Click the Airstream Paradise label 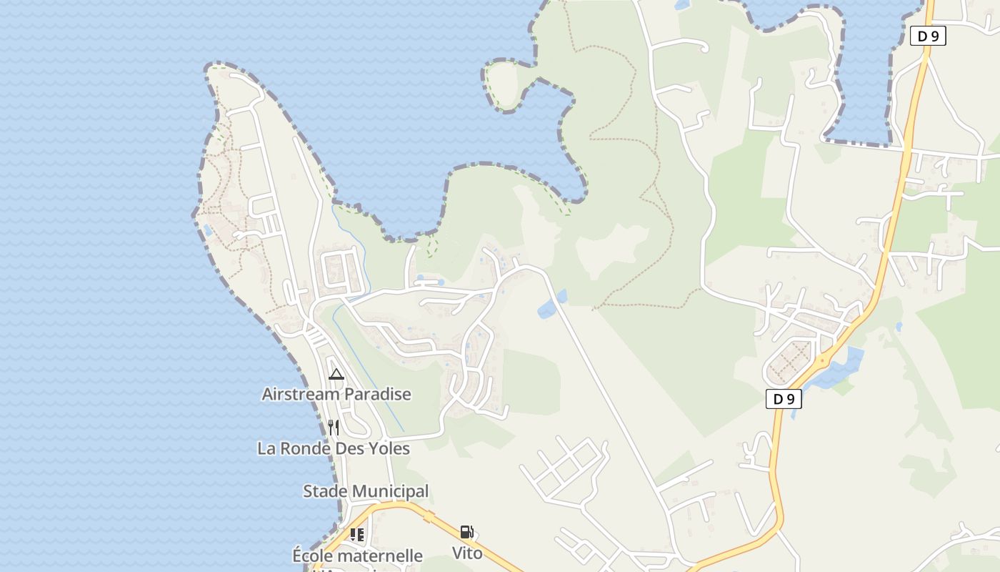(336, 394)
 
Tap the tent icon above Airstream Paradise (336, 374)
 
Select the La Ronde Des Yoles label (334, 449)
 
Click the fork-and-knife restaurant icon (334, 428)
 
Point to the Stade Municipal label (366, 491)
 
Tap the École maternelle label (357, 556)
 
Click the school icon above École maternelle (357, 534)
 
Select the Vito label (467, 553)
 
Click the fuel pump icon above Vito (466, 532)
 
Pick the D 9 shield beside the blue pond (784, 399)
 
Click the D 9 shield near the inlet (928, 36)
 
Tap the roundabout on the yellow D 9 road (823, 360)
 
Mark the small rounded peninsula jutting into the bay (506, 84)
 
